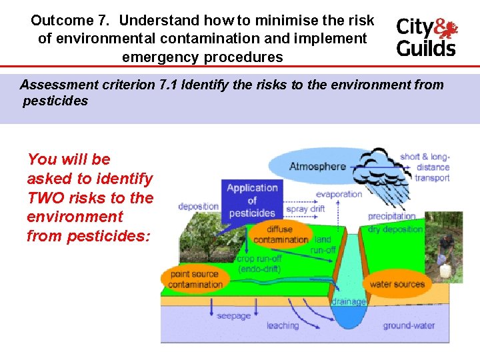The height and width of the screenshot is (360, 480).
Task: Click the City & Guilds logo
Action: tap(427, 37)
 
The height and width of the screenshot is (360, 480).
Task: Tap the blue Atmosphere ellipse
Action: tap(317, 166)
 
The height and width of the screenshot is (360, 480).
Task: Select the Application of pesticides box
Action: tap(252, 200)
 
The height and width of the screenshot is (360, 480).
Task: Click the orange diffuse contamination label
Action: tap(281, 235)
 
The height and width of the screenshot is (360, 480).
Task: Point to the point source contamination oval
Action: tap(196, 279)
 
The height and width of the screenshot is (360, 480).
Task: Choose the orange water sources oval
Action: tap(397, 284)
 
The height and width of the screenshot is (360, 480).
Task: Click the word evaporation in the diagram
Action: tap(339, 194)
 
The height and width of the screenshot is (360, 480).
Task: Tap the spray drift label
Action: tap(305, 209)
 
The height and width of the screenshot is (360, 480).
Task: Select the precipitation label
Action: tap(391, 217)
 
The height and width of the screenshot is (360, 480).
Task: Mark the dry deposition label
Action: tap(395, 229)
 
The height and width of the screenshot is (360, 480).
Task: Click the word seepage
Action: tap(233, 315)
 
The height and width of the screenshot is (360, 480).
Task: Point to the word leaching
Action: tap(283, 325)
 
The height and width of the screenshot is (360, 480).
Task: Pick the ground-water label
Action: tap(409, 326)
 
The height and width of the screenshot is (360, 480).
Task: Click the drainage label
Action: tap(349, 301)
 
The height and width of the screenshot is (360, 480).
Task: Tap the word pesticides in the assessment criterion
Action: tap(55, 101)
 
